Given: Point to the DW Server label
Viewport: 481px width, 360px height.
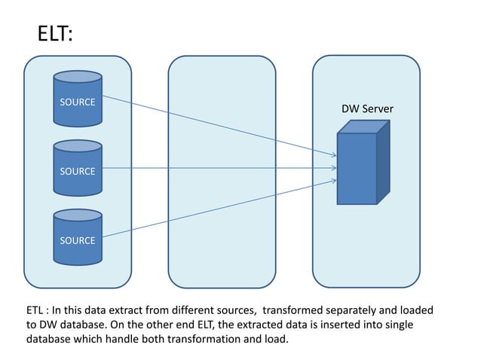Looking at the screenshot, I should click(x=367, y=109).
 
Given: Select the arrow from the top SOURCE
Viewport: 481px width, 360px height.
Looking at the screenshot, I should click(x=219, y=126).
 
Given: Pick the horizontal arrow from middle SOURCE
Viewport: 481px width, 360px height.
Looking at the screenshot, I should click(x=219, y=168).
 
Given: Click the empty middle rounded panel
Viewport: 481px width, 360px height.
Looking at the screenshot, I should click(x=222, y=171).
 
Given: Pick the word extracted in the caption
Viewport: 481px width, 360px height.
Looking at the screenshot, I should click(x=259, y=325).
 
